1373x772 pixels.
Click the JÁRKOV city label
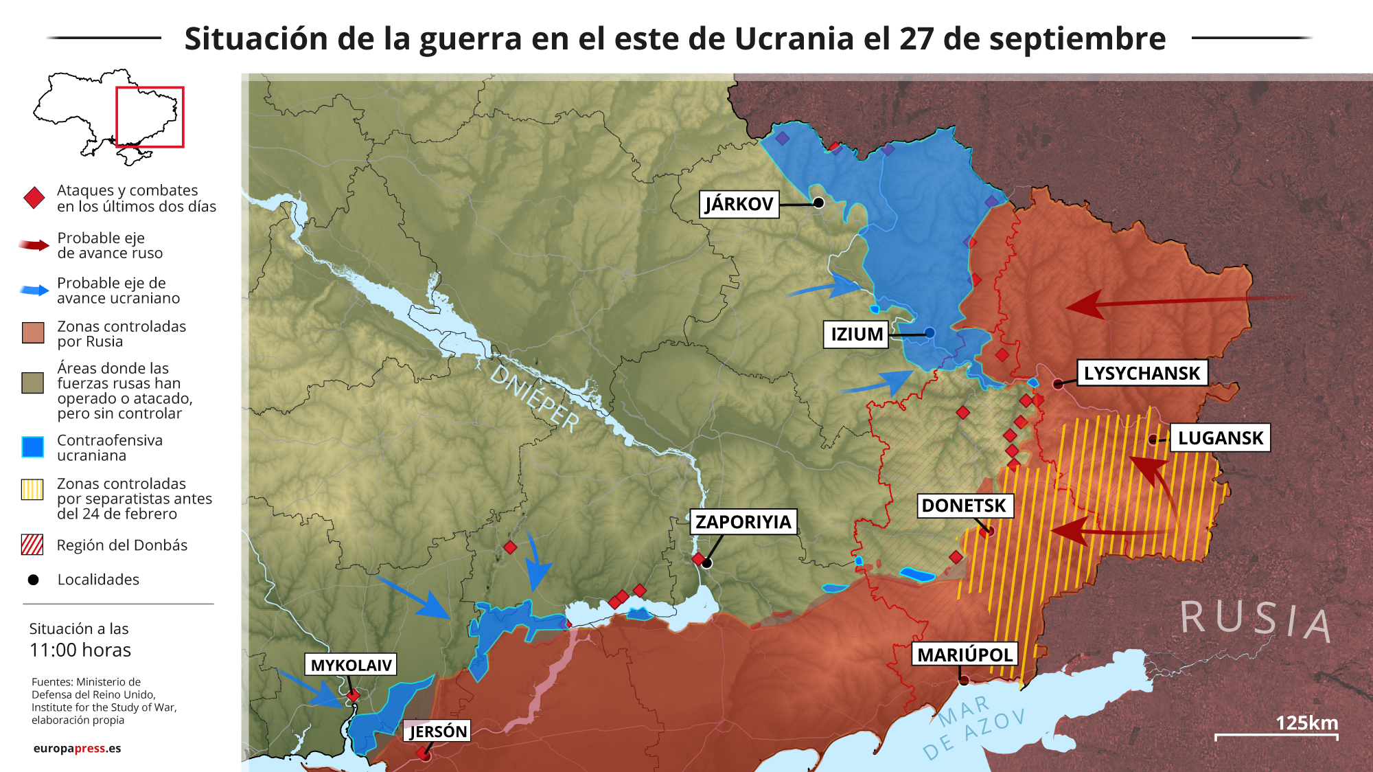[x=739, y=204]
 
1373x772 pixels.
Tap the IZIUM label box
[x=856, y=334]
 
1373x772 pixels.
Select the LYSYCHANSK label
[x=1142, y=373]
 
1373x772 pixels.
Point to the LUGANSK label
[x=1220, y=438]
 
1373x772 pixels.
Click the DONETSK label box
[x=963, y=506]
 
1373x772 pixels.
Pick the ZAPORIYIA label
[x=743, y=522]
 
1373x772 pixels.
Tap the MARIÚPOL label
[x=965, y=655]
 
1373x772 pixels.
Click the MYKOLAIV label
[x=351, y=665]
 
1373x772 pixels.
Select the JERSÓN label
[x=437, y=731]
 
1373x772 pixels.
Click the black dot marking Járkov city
[x=818, y=203]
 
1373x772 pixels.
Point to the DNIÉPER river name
[x=535, y=398]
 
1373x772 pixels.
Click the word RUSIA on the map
[x=1256, y=620]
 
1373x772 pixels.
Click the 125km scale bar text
[x=1306, y=723]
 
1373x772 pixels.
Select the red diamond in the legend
[x=34, y=198]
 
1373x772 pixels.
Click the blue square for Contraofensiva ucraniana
[x=32, y=447]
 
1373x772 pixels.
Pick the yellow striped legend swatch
[x=32, y=490]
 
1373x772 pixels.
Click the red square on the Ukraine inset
[x=150, y=117]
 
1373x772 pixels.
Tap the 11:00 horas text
[x=80, y=650]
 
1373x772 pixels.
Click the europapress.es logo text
[x=77, y=748]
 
